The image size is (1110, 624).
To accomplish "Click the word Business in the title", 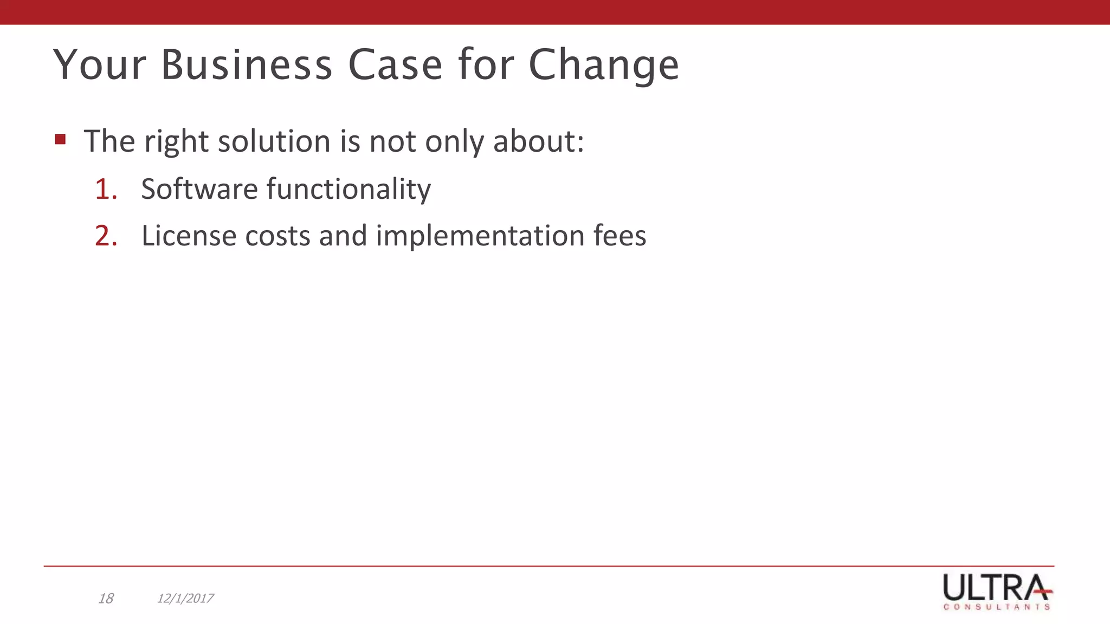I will click(x=247, y=65).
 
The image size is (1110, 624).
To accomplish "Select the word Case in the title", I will click(x=395, y=65).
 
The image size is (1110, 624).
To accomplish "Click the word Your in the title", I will click(x=100, y=65).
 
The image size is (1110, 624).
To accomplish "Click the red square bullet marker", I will click(x=60, y=140).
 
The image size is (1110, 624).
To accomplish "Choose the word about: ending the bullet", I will click(x=538, y=141).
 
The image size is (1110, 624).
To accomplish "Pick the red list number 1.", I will click(x=106, y=189).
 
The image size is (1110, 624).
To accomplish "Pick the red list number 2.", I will click(x=106, y=236).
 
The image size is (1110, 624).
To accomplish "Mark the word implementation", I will click(x=480, y=237).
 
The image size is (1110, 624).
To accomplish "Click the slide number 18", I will click(x=106, y=599).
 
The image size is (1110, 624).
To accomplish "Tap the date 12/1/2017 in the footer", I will click(x=185, y=599).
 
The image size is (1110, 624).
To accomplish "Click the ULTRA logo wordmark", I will click(x=996, y=587).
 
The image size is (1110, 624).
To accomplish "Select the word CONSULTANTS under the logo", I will click(x=997, y=607).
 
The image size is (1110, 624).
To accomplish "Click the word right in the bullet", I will click(x=177, y=142).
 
